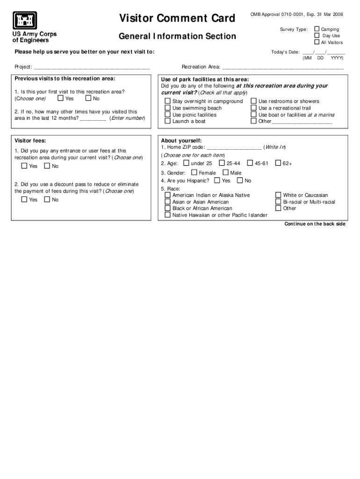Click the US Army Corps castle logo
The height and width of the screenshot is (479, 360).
click(25, 21)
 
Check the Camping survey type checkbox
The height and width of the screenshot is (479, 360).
click(317, 29)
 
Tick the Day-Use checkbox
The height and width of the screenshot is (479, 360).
click(317, 36)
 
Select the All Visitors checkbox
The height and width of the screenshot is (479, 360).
click(317, 42)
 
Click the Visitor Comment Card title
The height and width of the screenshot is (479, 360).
click(177, 18)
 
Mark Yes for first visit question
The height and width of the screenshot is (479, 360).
click(60, 99)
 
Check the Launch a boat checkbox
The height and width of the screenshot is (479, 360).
click(167, 121)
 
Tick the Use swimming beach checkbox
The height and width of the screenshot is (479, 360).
click(167, 108)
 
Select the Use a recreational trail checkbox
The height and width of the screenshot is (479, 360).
click(254, 108)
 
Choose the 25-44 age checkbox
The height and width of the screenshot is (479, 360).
click(222, 163)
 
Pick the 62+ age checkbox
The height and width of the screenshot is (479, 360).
click(278, 163)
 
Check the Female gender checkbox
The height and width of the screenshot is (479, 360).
click(194, 173)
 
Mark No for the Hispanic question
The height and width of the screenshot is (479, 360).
click(240, 181)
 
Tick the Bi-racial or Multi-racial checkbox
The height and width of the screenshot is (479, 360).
click(278, 202)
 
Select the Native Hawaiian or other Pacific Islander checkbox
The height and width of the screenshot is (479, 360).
click(167, 215)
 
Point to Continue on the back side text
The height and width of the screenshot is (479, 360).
click(315, 224)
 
